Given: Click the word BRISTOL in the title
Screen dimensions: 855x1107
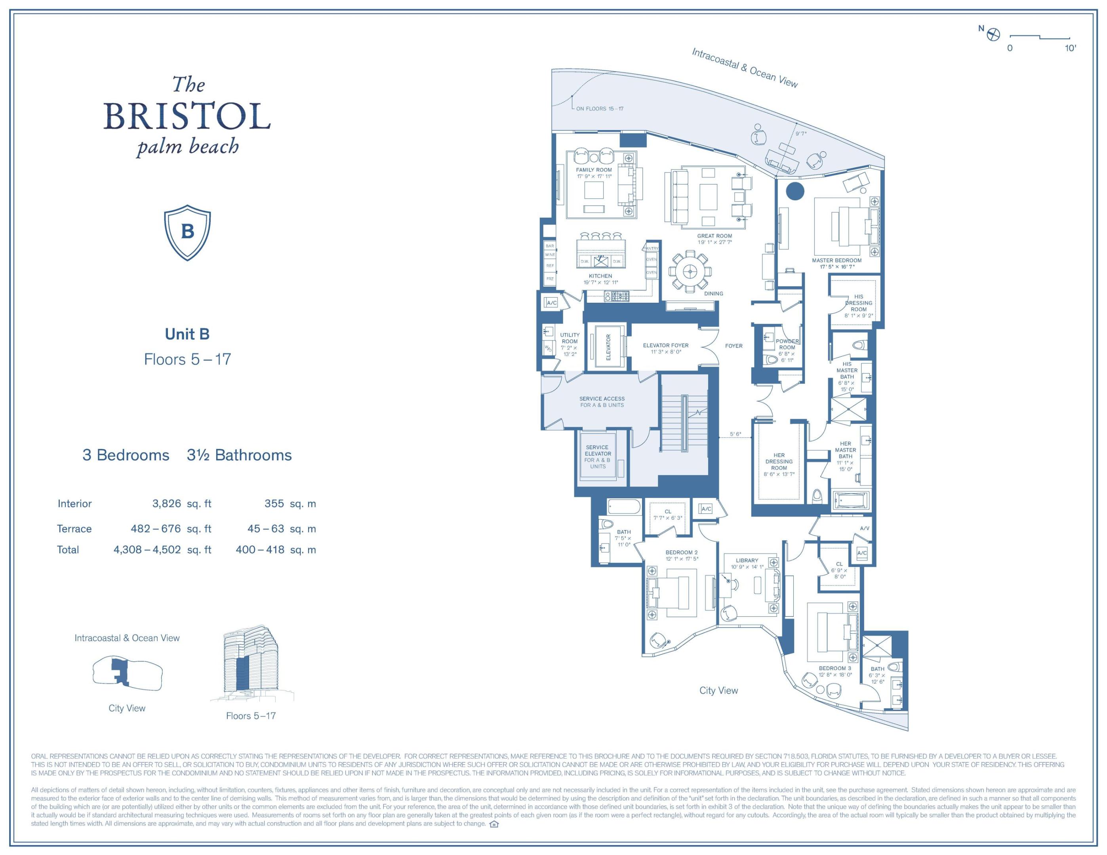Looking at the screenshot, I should point(187,116).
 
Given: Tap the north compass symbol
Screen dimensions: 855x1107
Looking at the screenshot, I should point(993,35).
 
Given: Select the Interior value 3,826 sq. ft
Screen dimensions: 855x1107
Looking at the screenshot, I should point(181,503).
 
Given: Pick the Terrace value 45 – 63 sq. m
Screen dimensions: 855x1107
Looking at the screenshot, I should point(281,529).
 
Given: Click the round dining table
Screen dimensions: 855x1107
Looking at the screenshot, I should point(689,272).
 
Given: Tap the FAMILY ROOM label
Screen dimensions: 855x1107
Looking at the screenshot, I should point(594,170).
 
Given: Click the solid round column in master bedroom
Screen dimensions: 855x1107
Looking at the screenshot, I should point(795,192).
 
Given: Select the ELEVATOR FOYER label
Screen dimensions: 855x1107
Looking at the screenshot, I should point(665,346).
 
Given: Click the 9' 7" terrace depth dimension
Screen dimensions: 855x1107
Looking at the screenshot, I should point(800,134).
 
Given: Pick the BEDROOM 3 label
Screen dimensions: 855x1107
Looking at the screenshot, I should point(835,669).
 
